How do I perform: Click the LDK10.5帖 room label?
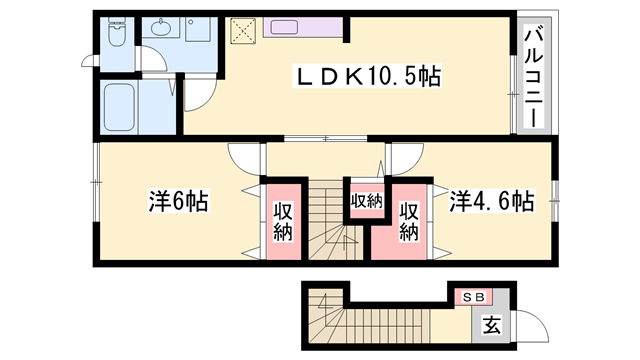coord(366,76)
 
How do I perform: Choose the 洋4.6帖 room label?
coord(491,201)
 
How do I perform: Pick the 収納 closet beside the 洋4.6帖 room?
coord(408,220)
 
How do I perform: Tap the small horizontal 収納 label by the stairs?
coord(365,201)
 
